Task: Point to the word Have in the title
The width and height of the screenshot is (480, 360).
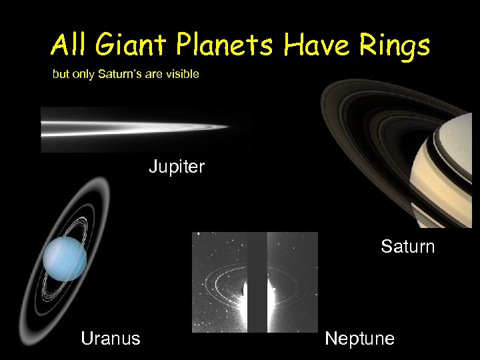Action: (310, 46)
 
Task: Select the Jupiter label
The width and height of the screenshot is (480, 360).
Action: (176, 167)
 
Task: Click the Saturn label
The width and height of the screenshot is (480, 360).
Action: (407, 247)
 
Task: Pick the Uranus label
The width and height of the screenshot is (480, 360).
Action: (110, 339)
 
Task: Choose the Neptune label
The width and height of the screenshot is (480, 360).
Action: (359, 339)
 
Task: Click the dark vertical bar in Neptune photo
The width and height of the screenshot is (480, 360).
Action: (257, 280)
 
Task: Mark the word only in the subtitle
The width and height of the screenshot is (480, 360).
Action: (83, 74)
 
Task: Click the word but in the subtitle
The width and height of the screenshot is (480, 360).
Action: (61, 74)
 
